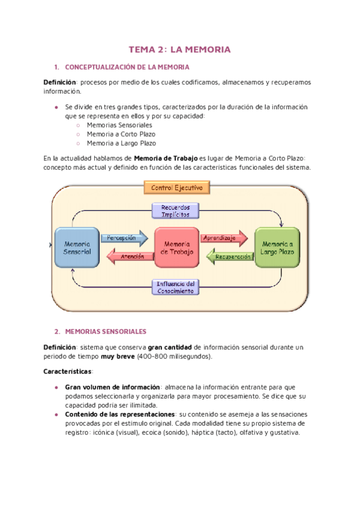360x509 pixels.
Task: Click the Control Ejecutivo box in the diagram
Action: point(176,188)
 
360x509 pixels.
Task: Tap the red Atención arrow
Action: point(127,257)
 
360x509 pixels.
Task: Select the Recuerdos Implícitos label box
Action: point(176,210)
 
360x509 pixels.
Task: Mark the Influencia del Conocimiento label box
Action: point(176,287)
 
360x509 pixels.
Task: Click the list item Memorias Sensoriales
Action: point(119,125)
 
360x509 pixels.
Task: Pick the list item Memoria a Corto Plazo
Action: point(121,134)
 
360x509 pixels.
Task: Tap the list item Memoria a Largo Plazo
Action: point(121,143)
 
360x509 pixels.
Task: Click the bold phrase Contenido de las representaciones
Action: point(120,415)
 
